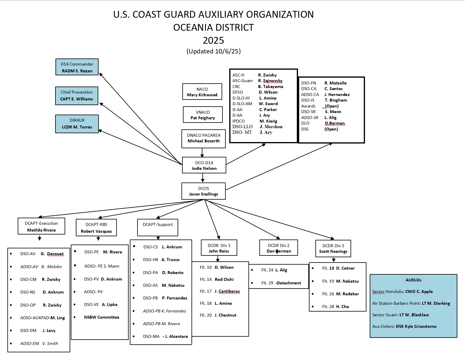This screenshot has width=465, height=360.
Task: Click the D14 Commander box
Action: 77,67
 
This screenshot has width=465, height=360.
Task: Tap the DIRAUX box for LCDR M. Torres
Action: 77,124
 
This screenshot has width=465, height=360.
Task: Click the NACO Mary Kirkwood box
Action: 202,92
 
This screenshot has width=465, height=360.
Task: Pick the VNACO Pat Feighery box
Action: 203,115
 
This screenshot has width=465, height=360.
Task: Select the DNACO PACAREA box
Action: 204,138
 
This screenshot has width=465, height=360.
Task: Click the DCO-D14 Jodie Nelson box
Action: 204,165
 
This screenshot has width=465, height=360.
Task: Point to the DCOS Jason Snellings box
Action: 204,191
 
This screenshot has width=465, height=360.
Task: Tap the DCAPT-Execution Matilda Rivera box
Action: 41,227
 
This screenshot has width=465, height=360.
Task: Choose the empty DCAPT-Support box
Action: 158,227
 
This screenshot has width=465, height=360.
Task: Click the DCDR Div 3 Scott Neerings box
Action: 333,248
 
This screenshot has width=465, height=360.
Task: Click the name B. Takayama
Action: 271,87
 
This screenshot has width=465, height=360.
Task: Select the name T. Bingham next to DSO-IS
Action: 336,100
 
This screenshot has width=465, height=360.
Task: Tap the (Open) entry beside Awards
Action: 332,106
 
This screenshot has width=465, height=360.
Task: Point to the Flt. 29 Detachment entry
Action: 281,283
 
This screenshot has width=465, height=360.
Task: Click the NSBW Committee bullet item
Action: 101,317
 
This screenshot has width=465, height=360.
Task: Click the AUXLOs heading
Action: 413,280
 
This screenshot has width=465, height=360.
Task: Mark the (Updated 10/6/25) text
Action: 213,51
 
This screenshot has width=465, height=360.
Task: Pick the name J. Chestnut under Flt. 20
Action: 225,315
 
